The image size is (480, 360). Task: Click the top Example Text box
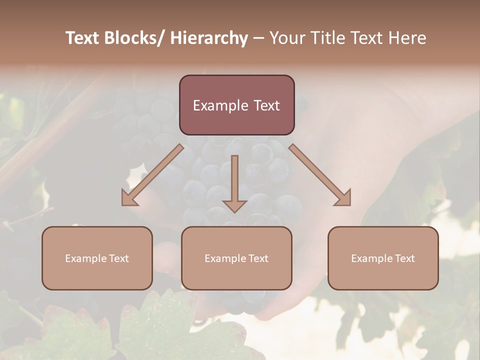(x=236, y=105)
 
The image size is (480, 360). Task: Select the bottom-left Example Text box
(x=97, y=258)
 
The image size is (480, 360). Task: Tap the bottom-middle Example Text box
(x=236, y=258)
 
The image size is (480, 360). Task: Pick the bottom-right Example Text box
(x=383, y=258)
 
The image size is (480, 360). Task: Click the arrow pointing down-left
(x=152, y=175)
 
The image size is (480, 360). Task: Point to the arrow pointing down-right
(x=320, y=175)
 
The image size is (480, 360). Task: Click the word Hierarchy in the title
(x=209, y=38)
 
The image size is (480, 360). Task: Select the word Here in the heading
(x=408, y=38)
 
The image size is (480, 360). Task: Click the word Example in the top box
(x=217, y=105)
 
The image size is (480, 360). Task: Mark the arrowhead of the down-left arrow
(x=130, y=197)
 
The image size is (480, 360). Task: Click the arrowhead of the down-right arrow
(x=342, y=197)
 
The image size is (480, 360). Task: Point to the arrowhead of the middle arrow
(x=234, y=205)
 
